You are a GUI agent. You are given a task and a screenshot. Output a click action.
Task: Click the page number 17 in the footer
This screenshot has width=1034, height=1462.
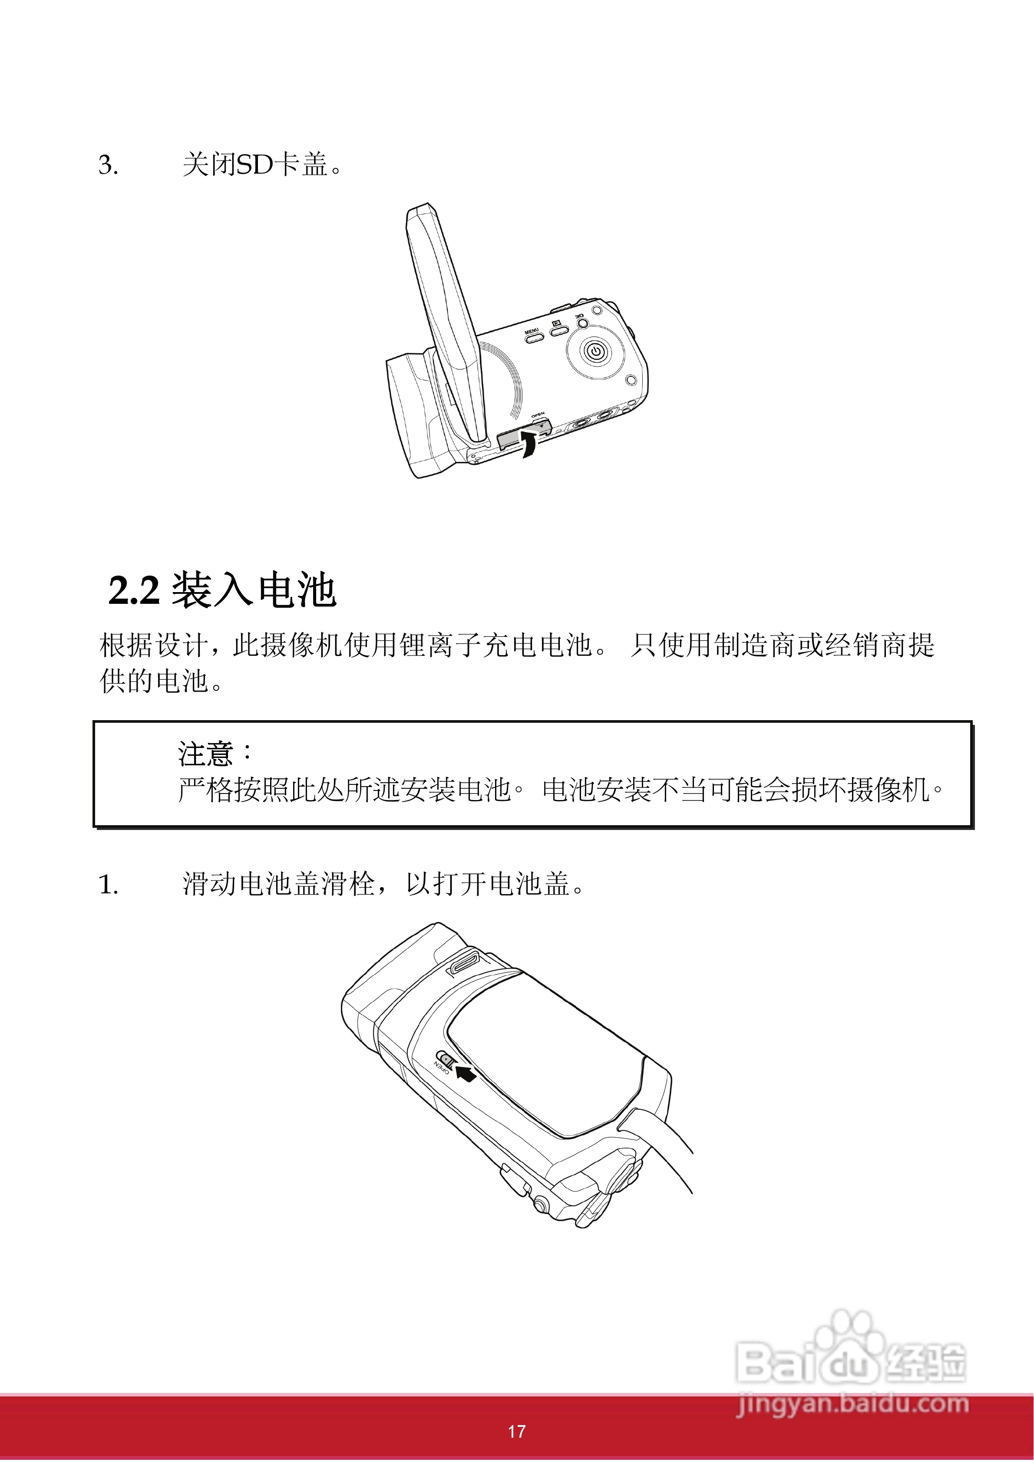517,1432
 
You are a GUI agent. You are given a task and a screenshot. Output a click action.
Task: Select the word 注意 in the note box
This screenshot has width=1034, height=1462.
205,753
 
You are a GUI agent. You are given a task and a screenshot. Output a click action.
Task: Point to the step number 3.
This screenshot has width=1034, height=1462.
108,165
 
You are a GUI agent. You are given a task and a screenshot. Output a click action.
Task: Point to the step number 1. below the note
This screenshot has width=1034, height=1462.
108,885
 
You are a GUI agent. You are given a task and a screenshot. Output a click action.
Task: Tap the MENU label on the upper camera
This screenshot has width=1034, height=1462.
532,330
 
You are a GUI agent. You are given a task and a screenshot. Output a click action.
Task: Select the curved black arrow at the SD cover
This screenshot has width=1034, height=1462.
527,444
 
